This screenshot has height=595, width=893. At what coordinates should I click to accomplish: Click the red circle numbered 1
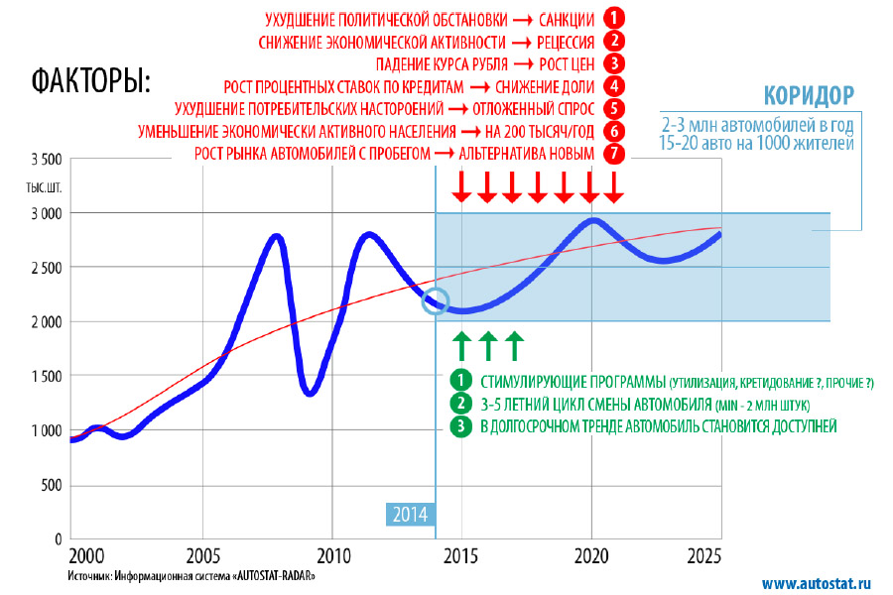pos(615,19)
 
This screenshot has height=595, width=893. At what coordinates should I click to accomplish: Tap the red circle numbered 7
pos(615,154)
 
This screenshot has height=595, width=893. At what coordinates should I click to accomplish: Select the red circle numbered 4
pos(615,86)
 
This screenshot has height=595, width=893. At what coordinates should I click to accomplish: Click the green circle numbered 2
pos(460,403)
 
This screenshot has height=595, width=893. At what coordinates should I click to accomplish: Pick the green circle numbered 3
pos(460,426)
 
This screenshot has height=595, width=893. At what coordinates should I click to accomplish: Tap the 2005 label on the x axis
pos(203,555)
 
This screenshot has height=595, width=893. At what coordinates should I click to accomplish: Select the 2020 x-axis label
pos(591,555)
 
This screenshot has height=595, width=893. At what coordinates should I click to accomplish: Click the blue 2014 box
pos(409,514)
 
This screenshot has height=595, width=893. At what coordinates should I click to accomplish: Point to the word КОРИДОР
pos(808,96)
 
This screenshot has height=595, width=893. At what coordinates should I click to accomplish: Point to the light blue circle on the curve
pos(435,300)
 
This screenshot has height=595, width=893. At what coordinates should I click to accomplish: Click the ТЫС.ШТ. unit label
pos(46,187)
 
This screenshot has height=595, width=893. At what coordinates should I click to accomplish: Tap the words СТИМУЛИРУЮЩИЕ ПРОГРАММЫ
pos(571,381)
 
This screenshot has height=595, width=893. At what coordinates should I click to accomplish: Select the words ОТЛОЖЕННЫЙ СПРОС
pos(535,109)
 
